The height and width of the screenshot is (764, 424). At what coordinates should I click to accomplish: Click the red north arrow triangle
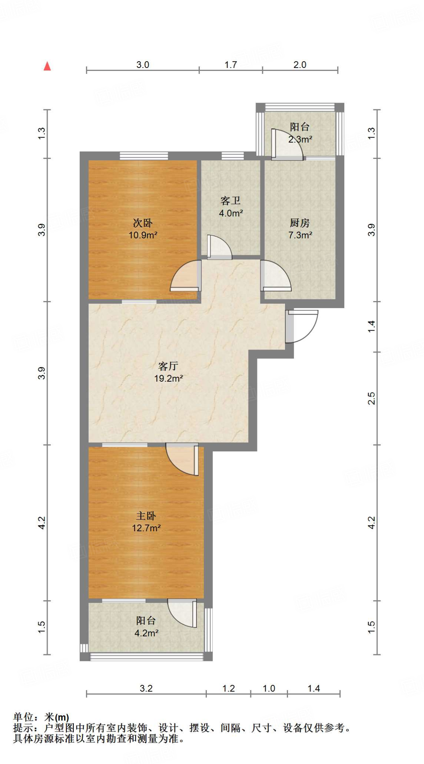point(47,66)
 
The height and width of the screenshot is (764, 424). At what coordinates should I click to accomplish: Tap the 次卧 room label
point(143,223)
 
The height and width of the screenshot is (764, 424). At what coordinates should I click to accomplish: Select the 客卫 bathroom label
point(230,201)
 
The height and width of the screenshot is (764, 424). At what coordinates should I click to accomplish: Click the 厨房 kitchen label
point(300,223)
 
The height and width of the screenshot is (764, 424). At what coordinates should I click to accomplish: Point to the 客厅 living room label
point(168,366)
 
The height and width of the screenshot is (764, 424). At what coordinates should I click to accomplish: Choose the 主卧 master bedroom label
point(146,516)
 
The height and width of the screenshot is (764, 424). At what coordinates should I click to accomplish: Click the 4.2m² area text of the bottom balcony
point(146,633)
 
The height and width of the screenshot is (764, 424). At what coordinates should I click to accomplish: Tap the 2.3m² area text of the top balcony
point(300,140)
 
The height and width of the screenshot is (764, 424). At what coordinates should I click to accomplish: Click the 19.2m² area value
point(168,378)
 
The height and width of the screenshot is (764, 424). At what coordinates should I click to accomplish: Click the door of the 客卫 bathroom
point(219,247)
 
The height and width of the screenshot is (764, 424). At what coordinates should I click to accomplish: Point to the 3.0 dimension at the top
point(142,65)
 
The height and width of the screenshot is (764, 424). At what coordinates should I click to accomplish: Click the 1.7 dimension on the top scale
point(231,65)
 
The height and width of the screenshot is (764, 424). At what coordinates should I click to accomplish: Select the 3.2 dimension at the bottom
point(146,688)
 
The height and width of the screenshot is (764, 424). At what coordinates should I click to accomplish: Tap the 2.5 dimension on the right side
point(371,398)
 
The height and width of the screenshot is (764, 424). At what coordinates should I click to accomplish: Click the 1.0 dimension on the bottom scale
point(269,688)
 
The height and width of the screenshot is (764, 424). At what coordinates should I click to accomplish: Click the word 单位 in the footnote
point(23,717)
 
